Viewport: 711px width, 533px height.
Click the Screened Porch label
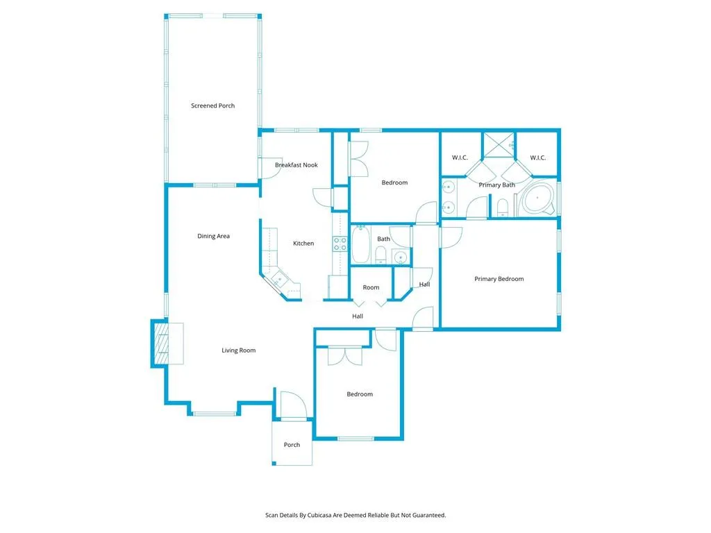(x=212, y=106)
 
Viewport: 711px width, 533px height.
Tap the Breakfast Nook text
(x=296, y=165)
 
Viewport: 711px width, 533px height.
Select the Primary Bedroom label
(x=499, y=279)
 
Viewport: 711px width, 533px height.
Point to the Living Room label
(x=238, y=350)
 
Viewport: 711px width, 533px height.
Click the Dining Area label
(x=213, y=236)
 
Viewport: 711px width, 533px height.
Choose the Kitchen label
(x=303, y=244)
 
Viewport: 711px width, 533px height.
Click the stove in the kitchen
(x=340, y=244)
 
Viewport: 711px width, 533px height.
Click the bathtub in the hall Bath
(x=360, y=245)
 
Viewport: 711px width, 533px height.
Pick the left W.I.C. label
(x=460, y=158)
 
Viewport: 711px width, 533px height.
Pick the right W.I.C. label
(x=537, y=158)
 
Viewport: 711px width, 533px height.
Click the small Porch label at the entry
(x=292, y=445)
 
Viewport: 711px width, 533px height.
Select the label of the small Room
(x=371, y=287)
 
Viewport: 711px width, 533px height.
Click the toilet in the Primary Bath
(x=501, y=207)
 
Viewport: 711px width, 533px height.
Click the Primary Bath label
(x=496, y=185)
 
